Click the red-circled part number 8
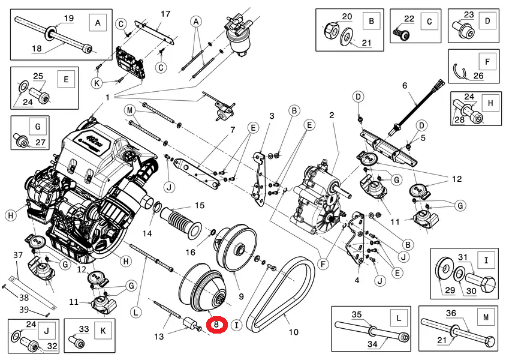216,325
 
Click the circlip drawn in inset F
462,73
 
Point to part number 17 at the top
165,14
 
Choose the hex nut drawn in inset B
330,28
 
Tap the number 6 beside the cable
405,85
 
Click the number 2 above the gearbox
332,115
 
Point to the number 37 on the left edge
18,255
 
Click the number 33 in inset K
84,329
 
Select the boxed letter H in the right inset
490,104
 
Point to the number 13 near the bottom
158,337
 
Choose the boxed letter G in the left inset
38,127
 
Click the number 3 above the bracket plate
271,116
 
